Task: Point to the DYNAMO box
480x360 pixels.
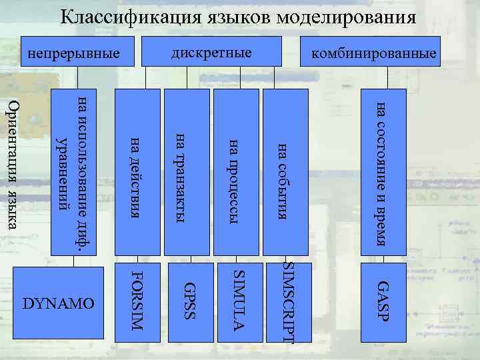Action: click(59, 304)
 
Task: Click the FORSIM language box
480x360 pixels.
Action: click(138, 300)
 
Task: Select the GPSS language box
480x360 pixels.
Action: click(189, 300)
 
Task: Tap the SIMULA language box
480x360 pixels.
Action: click(239, 300)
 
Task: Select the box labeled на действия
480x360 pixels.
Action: click(138, 172)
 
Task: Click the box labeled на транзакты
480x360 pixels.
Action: click(189, 172)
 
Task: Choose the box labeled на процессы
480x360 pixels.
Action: click(239, 172)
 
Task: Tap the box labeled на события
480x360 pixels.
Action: click(287, 172)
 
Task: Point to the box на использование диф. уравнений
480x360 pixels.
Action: click(73, 172)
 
